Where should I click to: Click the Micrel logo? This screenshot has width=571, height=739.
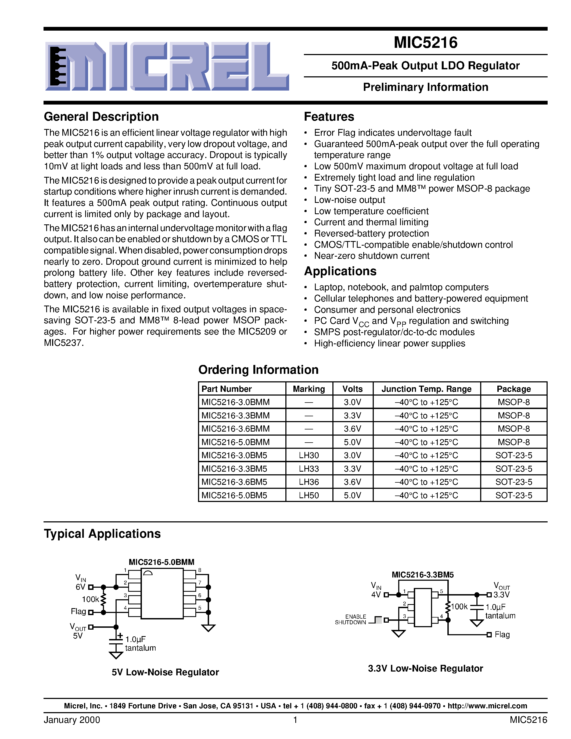point(167,66)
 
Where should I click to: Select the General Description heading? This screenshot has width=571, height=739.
point(101,117)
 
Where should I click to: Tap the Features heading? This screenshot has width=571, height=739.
point(329,117)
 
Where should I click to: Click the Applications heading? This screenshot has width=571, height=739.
point(340,271)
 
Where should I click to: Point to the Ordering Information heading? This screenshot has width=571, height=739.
point(258,370)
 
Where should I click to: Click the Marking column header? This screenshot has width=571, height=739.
point(308,389)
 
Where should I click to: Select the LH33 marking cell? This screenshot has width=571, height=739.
point(308,469)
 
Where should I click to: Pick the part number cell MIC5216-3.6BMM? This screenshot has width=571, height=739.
point(235,429)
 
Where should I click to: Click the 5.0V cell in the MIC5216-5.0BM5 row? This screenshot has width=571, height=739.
point(352,495)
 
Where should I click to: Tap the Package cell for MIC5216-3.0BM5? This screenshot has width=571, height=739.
point(513,455)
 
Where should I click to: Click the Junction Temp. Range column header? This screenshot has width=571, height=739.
point(426,389)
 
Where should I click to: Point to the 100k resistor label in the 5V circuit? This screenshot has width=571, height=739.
point(90,600)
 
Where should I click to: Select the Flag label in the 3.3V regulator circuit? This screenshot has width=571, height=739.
point(502,634)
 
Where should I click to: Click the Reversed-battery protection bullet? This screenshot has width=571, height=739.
point(371,234)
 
